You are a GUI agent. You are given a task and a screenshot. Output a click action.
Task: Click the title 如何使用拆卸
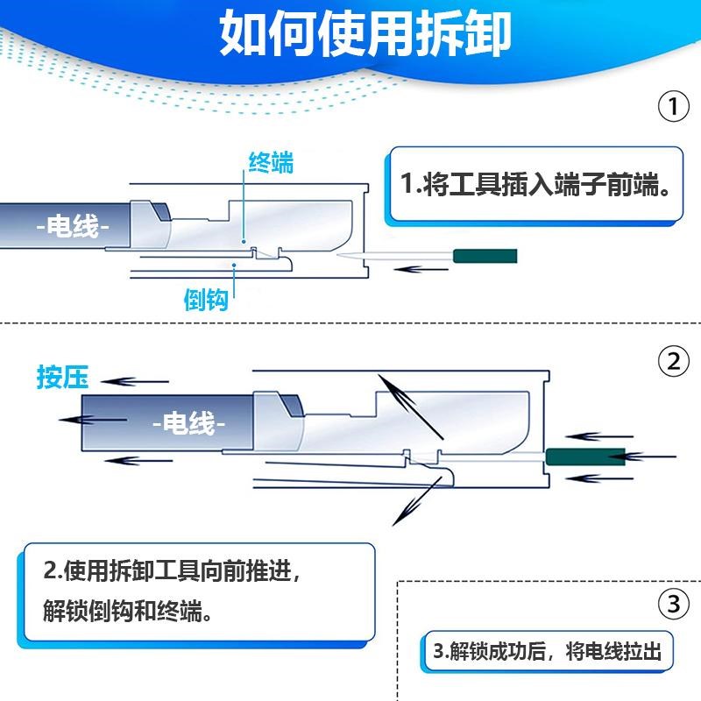[365, 36]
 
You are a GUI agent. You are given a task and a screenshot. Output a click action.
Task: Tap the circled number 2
[672, 362]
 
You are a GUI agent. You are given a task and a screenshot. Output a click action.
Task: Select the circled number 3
[672, 604]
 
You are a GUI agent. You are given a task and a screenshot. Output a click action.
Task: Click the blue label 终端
[271, 163]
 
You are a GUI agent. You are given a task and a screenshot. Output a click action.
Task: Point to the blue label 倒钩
[207, 300]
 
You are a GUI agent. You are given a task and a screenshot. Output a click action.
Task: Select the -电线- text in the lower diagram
[188, 424]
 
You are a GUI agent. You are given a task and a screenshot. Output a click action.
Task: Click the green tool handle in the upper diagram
[484, 256]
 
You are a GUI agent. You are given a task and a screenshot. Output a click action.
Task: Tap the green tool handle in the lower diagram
[584, 456]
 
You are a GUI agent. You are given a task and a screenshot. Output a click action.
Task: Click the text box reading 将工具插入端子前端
[535, 186]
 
